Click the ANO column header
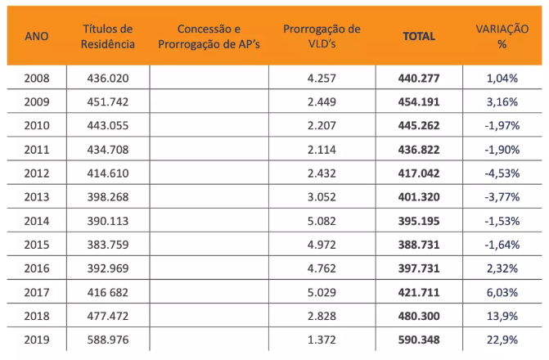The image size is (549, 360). pos(37,36)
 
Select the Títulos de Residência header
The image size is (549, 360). pos(107,36)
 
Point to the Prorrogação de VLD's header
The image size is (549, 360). pos(322,36)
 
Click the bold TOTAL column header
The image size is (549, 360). pos(419,36)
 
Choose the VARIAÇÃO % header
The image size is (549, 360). pos(502,36)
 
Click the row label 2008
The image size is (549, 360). pos(37,79)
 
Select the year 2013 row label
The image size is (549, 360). pos(37,196)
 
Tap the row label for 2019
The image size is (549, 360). pos(37,339)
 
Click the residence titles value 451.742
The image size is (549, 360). pos(107,102)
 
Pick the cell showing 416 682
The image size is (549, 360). pos(107,291)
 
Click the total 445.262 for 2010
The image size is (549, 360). pos(419,126)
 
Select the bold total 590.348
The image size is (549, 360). pos(419,339)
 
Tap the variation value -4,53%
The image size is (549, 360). pos(502,173)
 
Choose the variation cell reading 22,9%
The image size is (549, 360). pos(502,339)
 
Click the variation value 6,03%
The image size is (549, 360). pos(502,291)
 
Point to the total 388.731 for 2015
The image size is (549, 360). pos(419,244)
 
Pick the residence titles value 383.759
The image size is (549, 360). pos(107,244)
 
